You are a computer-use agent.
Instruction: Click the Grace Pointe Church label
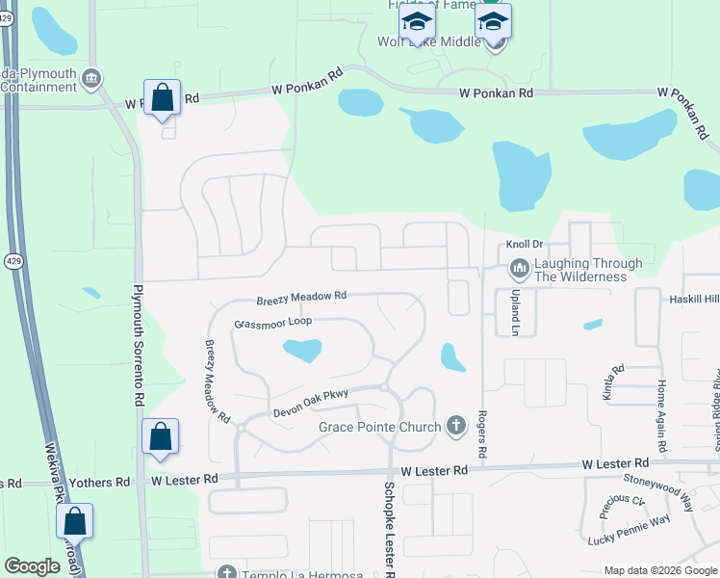(380, 426)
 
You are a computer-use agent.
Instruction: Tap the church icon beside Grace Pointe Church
(457, 426)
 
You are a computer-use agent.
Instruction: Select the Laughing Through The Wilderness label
(588, 270)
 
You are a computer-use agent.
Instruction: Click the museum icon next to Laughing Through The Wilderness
(520, 267)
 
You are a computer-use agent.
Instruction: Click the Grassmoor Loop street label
(273, 323)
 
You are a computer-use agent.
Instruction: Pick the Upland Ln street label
(514, 312)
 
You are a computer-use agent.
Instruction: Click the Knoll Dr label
(525, 245)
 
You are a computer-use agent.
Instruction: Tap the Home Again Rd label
(661, 416)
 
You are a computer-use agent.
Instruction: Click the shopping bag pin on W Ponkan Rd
(162, 97)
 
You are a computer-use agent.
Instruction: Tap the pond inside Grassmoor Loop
(302, 350)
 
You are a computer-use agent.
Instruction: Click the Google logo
(33, 566)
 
